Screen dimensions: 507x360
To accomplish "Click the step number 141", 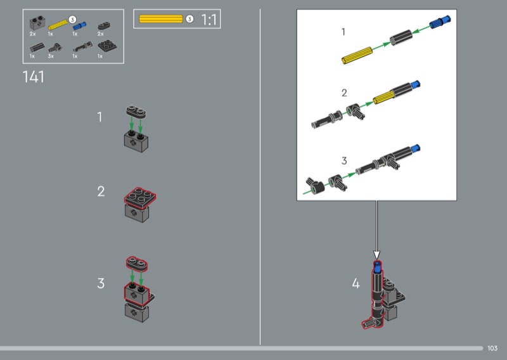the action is click(x=34, y=77).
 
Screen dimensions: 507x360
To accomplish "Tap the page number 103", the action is click(x=492, y=348).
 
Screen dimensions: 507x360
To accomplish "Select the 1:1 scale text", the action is click(x=209, y=20).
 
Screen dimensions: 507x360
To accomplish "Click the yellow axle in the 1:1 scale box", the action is click(x=161, y=19).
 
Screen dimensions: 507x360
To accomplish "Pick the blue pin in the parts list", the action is click(x=80, y=25).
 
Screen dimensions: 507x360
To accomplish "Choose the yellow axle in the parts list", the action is click(x=58, y=25).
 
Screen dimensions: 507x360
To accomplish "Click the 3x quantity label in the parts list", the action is click(x=51, y=56).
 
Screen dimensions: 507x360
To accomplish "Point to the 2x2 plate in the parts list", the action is click(x=107, y=46).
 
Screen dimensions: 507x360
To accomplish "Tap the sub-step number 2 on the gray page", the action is click(x=101, y=191).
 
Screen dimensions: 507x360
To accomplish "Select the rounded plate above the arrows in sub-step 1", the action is click(x=136, y=112).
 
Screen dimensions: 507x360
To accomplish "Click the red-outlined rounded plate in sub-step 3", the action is click(x=137, y=264).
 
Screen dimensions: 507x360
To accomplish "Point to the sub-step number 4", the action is click(x=356, y=283).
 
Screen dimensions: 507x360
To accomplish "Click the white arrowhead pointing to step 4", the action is click(x=376, y=255).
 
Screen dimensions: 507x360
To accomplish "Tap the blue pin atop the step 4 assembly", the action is click(x=377, y=267).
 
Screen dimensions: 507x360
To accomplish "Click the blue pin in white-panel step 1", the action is click(x=440, y=22).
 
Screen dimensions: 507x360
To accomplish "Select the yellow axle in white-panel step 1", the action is click(x=357, y=56).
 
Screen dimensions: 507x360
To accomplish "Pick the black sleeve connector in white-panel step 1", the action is click(x=401, y=38).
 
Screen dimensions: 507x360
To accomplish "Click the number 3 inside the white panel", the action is click(x=344, y=161).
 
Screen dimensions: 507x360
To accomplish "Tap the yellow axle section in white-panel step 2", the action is click(x=383, y=98).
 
